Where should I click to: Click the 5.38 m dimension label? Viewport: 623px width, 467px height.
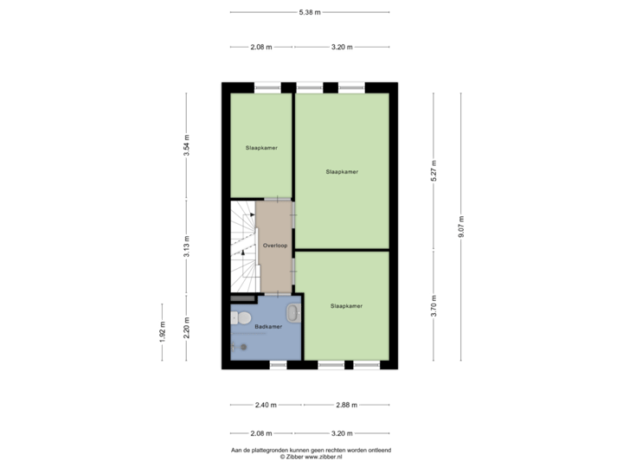[310, 12]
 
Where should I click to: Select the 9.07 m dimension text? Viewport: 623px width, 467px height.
[461, 227]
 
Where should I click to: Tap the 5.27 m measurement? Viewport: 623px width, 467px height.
[434, 170]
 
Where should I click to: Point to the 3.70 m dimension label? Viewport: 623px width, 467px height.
[434, 306]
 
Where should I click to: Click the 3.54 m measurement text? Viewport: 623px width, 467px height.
[186, 145]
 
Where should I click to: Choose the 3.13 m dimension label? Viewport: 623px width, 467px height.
[186, 246]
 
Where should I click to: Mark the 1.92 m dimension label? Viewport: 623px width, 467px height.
[162, 331]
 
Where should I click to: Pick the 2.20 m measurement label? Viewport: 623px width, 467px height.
[186, 328]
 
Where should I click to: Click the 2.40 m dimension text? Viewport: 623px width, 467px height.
[266, 405]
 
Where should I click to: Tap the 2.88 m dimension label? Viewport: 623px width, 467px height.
[346, 405]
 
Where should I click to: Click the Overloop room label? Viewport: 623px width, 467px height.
[275, 246]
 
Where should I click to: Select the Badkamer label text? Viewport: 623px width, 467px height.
[268, 326]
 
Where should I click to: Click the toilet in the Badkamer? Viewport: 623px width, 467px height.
[241, 317]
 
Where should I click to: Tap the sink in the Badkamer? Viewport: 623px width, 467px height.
[294, 312]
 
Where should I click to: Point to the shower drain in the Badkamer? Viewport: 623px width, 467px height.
[243, 347]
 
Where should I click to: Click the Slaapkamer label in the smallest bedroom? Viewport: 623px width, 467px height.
[261, 148]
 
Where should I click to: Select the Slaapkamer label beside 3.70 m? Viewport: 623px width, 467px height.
[346, 306]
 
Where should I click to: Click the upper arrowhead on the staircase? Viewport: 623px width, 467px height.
[253, 214]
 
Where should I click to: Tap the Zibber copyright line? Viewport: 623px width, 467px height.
[311, 457]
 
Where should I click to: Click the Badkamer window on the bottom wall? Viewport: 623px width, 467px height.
[278, 365]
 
